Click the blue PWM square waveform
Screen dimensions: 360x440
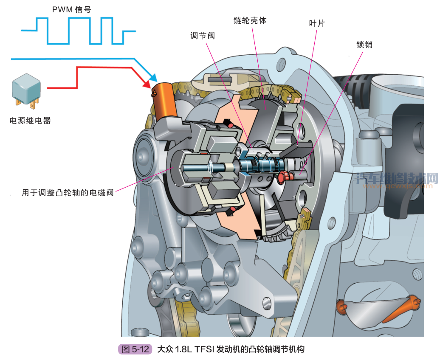(79, 31)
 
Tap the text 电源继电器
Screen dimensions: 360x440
(30, 121)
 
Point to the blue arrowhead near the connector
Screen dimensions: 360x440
(153, 78)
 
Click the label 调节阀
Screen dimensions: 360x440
(203, 36)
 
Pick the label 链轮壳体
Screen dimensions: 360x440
(250, 20)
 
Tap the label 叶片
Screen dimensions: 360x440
(317, 24)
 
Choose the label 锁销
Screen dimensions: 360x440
(364, 44)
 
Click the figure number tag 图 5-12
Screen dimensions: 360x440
(135, 349)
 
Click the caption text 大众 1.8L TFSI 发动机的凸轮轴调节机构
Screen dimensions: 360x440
(231, 349)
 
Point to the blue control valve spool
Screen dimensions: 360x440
(259, 165)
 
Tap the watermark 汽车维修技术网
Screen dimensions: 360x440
(397, 178)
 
